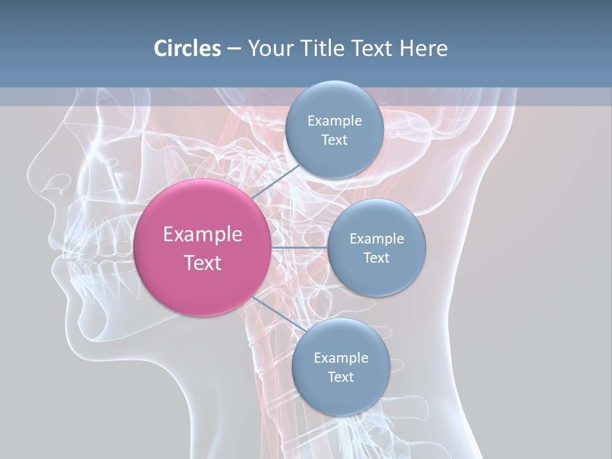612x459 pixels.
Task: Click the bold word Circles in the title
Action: coord(187,48)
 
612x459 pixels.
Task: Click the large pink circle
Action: coord(202,247)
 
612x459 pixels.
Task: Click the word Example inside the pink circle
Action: coord(202,235)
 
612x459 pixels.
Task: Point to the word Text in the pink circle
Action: coord(202,263)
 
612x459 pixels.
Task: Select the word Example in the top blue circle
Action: coord(334,121)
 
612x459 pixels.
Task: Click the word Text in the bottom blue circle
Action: coord(340,377)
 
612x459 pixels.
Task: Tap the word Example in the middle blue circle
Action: coord(376,239)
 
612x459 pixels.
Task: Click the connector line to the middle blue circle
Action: coord(299,247)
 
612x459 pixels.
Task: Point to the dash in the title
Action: coord(234,48)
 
